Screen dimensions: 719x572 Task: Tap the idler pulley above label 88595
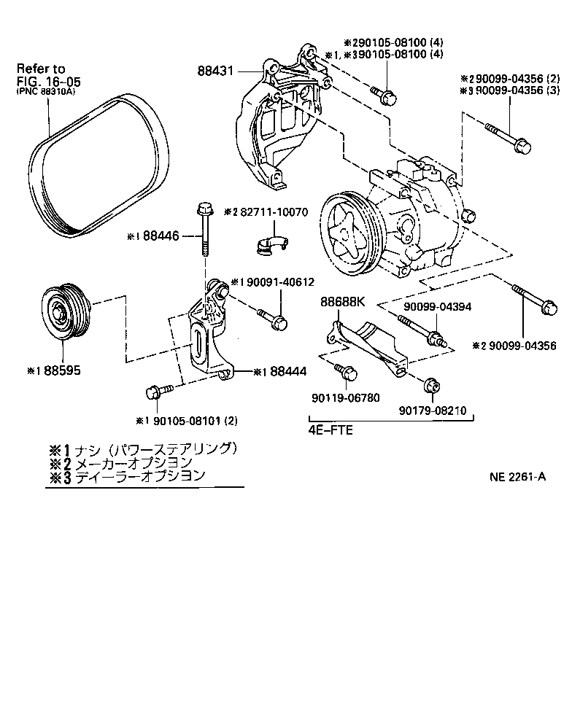(65, 312)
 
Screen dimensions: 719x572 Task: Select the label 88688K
(341, 302)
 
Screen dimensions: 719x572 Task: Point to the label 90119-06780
(343, 398)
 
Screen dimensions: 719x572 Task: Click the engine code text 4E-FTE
(331, 430)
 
